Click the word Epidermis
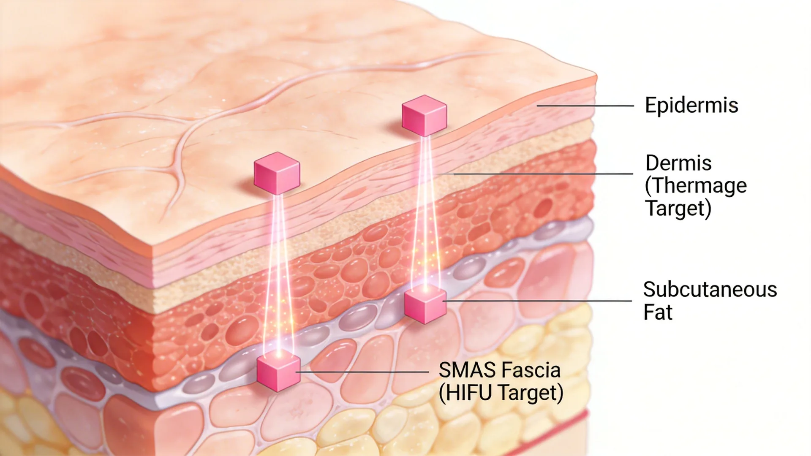click(x=691, y=105)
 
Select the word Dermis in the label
click(x=678, y=163)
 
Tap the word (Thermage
click(x=696, y=186)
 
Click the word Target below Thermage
click(x=678, y=209)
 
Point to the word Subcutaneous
click(x=710, y=290)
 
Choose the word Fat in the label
click(x=658, y=312)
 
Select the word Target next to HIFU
click(x=531, y=393)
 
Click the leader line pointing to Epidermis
click(x=585, y=106)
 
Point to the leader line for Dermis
click(x=543, y=174)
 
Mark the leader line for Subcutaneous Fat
click(x=537, y=301)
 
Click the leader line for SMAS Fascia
click(x=362, y=372)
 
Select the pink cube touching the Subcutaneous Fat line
click(x=425, y=305)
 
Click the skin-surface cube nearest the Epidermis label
click(x=424, y=116)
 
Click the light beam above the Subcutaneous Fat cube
click(x=425, y=213)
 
